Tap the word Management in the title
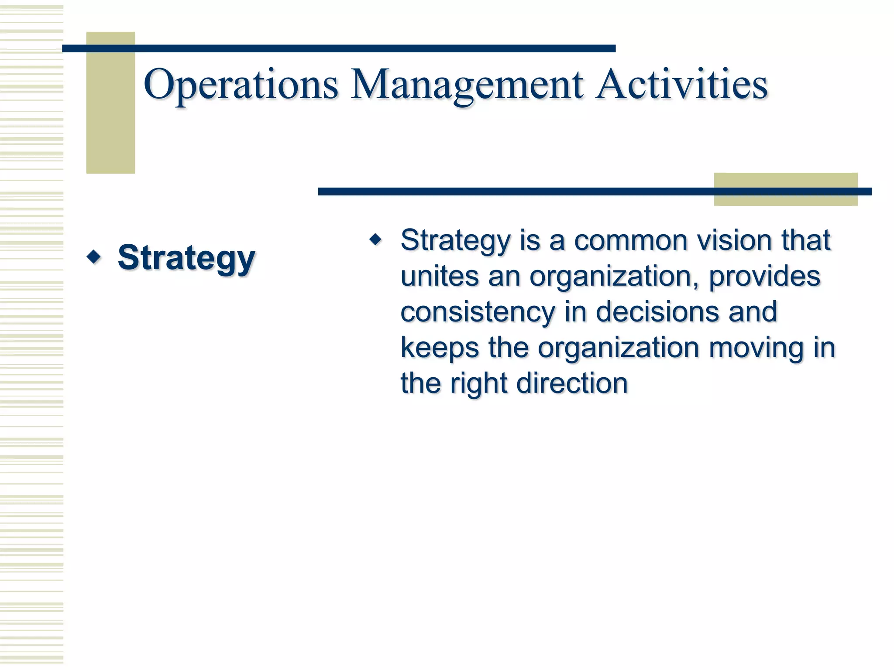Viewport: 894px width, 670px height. [467, 85]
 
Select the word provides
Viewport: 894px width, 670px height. [764, 277]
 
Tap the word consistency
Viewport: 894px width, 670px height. [478, 312]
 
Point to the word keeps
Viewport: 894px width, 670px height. [440, 348]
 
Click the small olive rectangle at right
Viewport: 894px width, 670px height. [785, 200]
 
